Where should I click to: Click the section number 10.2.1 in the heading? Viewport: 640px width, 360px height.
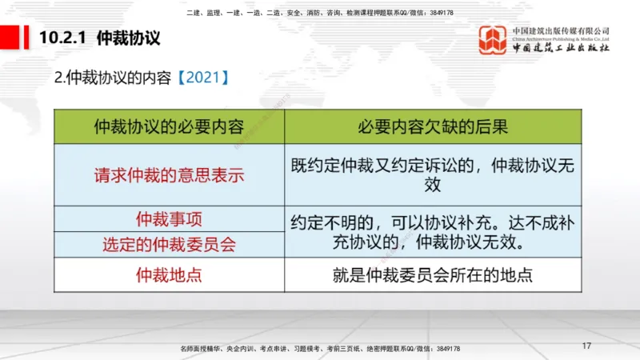63,38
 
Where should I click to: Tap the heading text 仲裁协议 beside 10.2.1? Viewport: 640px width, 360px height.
129,38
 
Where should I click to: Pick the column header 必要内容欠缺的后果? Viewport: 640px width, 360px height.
433,126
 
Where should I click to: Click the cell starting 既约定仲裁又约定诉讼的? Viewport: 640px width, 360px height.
433,175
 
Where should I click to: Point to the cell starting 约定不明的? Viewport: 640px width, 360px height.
433,230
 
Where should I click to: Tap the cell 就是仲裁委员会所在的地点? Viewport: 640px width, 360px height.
433,275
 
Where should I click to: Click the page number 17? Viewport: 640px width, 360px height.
586,346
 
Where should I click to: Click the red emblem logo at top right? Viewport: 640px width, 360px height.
493,40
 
